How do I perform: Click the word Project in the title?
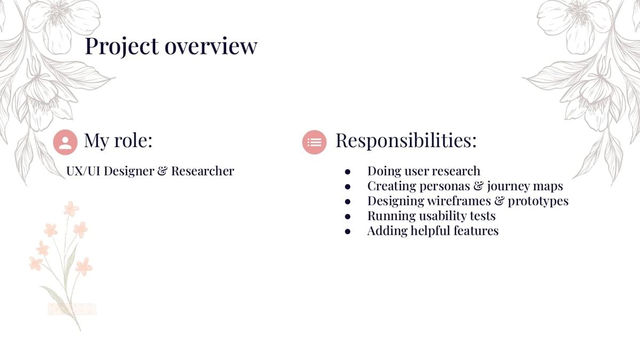[x=122, y=46]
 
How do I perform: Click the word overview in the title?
[x=211, y=46]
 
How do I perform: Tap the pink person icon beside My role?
[x=65, y=142]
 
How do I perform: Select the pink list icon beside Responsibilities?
[x=314, y=142]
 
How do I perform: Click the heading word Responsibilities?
[x=406, y=140]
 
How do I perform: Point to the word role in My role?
[x=133, y=140]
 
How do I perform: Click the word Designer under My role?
[x=129, y=171]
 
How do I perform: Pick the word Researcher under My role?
[x=203, y=171]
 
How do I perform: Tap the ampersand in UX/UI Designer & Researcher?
[x=162, y=171]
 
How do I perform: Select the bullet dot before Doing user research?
[x=347, y=172]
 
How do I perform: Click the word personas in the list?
[x=445, y=187]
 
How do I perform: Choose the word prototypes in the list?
[x=538, y=202]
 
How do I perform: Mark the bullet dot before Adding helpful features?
[x=347, y=231]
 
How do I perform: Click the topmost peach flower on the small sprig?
[x=71, y=209]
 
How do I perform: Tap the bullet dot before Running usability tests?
[x=347, y=217]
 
